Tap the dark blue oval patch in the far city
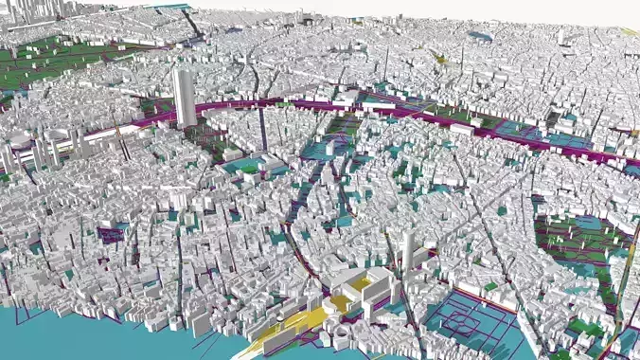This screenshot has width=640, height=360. point(479,37)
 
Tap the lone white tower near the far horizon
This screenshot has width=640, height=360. point(560,36)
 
